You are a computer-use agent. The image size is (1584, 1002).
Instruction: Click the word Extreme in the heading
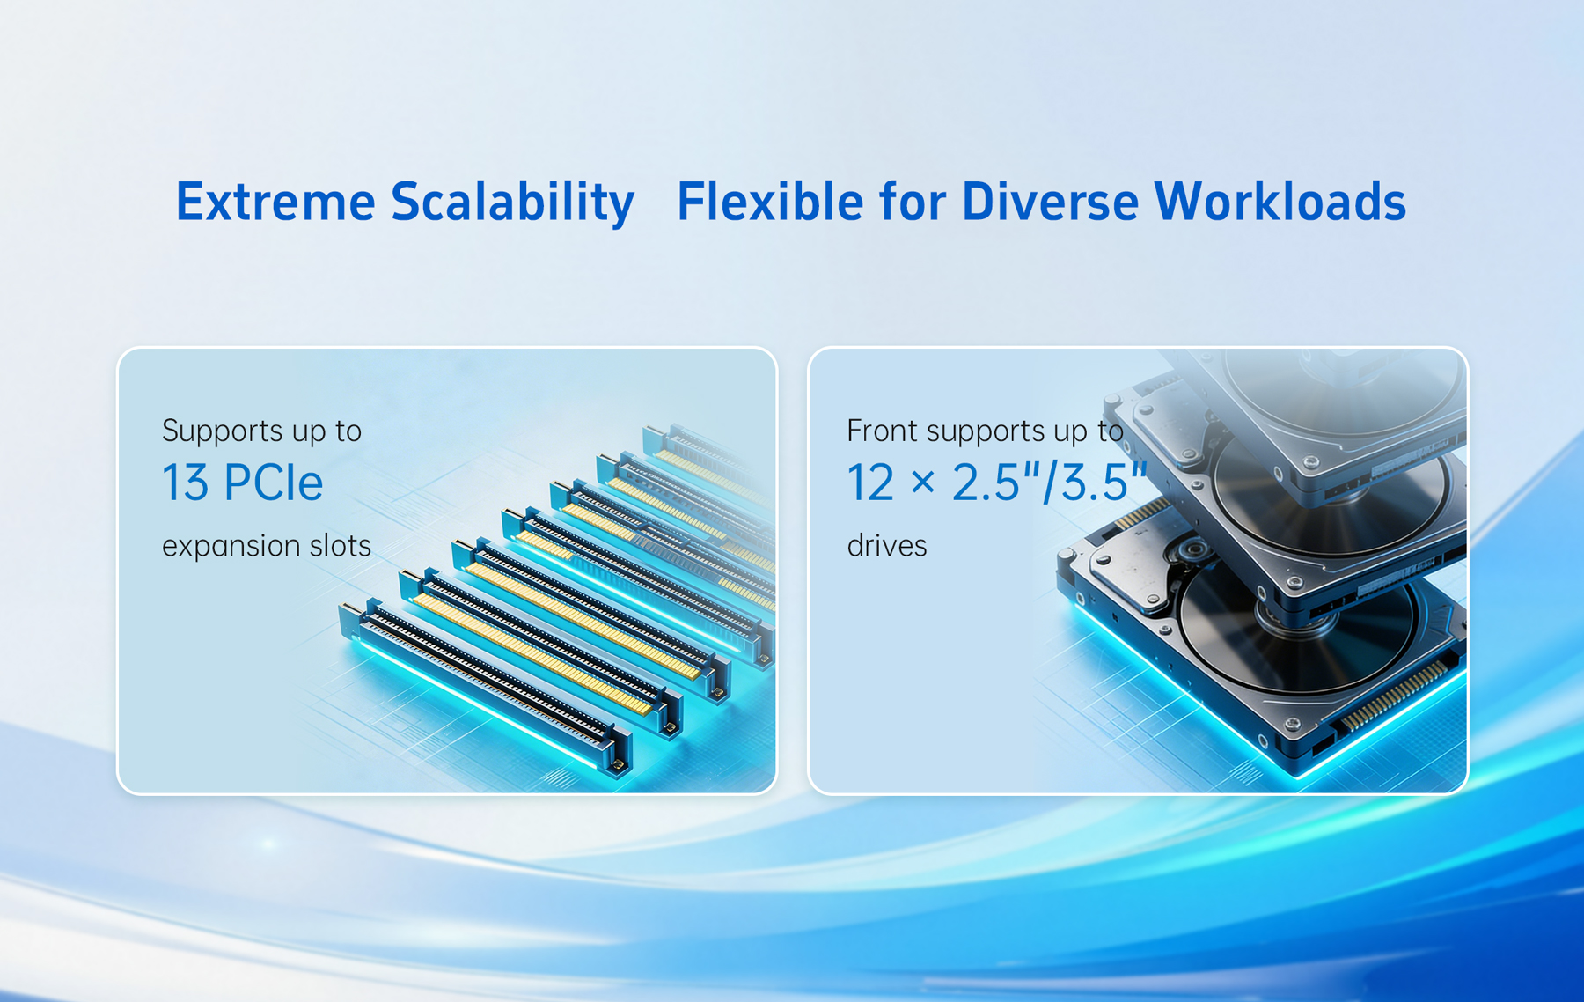tap(275, 202)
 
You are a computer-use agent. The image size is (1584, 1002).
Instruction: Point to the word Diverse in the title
tap(1050, 202)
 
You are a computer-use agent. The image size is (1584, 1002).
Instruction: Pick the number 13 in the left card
tap(185, 483)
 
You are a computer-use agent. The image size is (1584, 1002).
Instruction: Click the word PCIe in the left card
tap(273, 483)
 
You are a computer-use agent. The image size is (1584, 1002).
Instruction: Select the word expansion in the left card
tap(229, 547)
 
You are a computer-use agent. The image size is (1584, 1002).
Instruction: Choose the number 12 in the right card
tap(870, 483)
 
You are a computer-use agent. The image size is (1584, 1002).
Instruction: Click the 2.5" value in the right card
tap(995, 483)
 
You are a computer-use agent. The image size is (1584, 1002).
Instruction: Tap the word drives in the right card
tap(887, 546)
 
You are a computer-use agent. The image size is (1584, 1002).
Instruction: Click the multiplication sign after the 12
tap(922, 484)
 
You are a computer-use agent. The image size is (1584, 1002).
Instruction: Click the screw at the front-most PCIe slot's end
tap(620, 764)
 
